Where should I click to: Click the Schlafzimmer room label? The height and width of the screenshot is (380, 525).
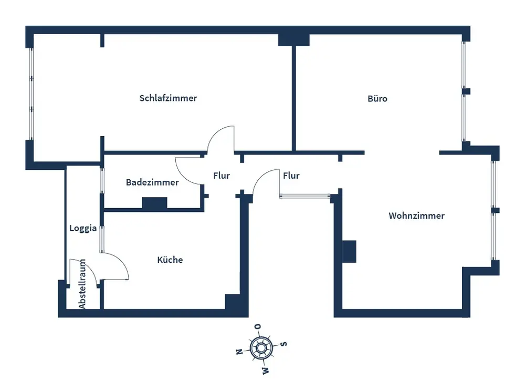(168, 98)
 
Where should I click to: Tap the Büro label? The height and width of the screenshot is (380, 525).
(377, 98)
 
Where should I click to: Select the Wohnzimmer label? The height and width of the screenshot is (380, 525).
(416, 215)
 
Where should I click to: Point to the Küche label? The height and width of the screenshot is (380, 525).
(170, 260)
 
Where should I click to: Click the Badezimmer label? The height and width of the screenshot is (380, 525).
(152, 182)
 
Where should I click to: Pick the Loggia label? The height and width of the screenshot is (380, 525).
(83, 228)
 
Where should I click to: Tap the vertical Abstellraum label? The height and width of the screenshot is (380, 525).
(82, 284)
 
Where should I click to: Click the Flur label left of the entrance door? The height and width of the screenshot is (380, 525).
(222, 176)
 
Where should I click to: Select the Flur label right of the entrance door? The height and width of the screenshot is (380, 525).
(291, 176)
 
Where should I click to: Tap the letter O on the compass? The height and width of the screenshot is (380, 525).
(258, 327)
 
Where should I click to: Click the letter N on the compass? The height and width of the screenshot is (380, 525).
(238, 352)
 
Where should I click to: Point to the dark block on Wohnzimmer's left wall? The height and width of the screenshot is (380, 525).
(349, 251)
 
